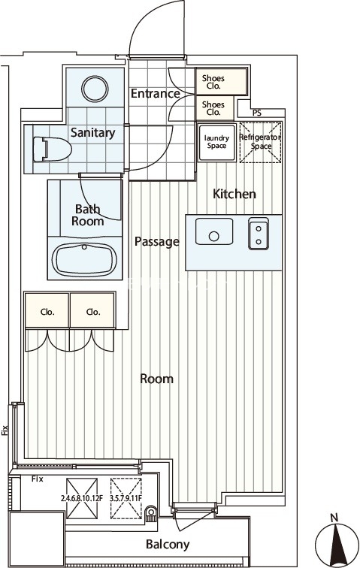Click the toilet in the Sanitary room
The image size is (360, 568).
(x=52, y=149)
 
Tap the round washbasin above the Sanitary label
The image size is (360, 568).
(x=95, y=89)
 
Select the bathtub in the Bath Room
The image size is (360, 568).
(x=84, y=259)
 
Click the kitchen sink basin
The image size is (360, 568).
(x=214, y=231)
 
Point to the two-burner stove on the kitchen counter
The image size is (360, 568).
(x=259, y=234)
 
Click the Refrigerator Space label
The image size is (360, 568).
(x=260, y=142)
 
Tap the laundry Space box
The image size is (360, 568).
(x=217, y=142)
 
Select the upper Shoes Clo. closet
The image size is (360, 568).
(x=222, y=82)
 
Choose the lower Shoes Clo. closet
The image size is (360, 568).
(x=215, y=108)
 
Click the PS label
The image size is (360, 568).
(x=257, y=113)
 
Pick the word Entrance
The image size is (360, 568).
(x=155, y=93)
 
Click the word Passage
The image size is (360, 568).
(x=157, y=242)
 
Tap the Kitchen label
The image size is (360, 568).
(x=234, y=194)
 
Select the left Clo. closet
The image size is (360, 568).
(x=47, y=310)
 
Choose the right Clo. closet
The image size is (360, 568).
(x=92, y=310)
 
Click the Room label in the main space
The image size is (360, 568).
(x=156, y=379)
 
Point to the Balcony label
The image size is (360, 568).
(x=168, y=544)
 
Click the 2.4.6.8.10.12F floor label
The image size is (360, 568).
(x=82, y=498)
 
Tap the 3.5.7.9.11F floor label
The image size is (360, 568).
(x=126, y=498)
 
